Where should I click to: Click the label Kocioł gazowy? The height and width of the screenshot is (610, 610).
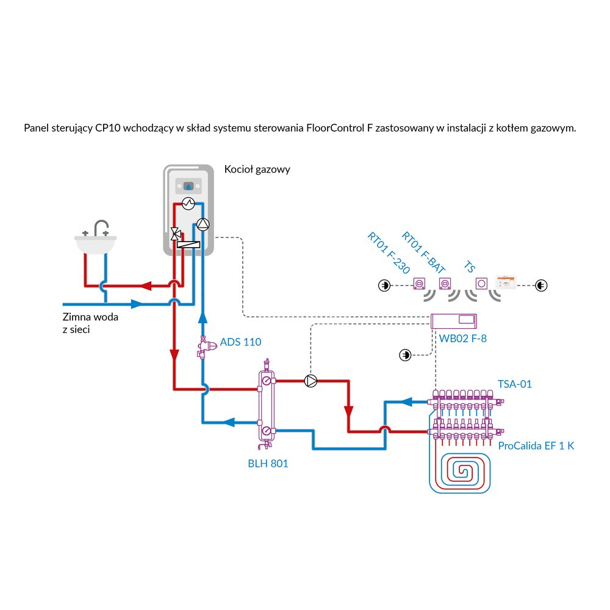click(x=257, y=170)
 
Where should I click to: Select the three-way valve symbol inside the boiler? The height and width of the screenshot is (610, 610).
click(x=176, y=232)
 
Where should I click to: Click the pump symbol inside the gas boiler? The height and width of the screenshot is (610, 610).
click(x=203, y=224)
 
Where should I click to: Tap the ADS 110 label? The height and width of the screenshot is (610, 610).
click(x=240, y=342)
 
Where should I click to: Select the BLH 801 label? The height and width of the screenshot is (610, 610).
click(x=268, y=464)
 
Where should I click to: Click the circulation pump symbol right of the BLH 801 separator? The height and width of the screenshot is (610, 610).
click(x=311, y=381)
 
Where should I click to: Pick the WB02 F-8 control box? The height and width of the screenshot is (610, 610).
click(x=454, y=320)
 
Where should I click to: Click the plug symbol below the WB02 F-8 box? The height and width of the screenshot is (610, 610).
click(x=404, y=354)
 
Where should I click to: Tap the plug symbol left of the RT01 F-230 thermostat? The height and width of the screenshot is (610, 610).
click(x=384, y=285)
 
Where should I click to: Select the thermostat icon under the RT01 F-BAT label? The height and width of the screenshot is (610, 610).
click(x=445, y=284)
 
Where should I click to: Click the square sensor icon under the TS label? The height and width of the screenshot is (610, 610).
click(x=482, y=284)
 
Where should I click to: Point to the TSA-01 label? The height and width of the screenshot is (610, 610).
click(x=515, y=384)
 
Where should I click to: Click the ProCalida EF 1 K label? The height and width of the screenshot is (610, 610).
click(x=536, y=446)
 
